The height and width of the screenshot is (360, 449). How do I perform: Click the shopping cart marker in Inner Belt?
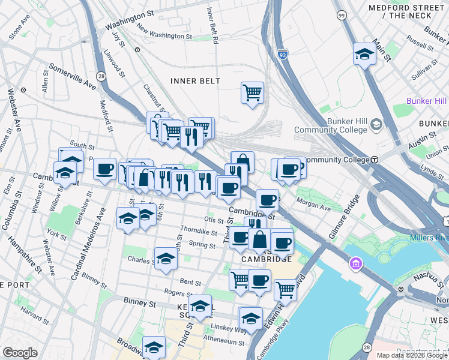[x=252, y=93]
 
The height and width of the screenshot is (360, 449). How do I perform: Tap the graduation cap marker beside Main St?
[x=364, y=55]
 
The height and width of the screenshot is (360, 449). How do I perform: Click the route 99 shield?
[x=341, y=14]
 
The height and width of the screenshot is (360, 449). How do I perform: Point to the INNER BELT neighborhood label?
[x=195, y=81]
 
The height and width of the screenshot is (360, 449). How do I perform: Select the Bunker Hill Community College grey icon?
[x=376, y=125]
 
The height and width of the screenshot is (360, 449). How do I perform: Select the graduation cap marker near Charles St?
[x=166, y=259]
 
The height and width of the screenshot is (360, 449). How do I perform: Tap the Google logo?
[x=20, y=353]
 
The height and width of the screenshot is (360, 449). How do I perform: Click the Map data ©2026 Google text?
[x=412, y=355]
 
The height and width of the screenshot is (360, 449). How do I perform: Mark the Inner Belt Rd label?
[x=212, y=25]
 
